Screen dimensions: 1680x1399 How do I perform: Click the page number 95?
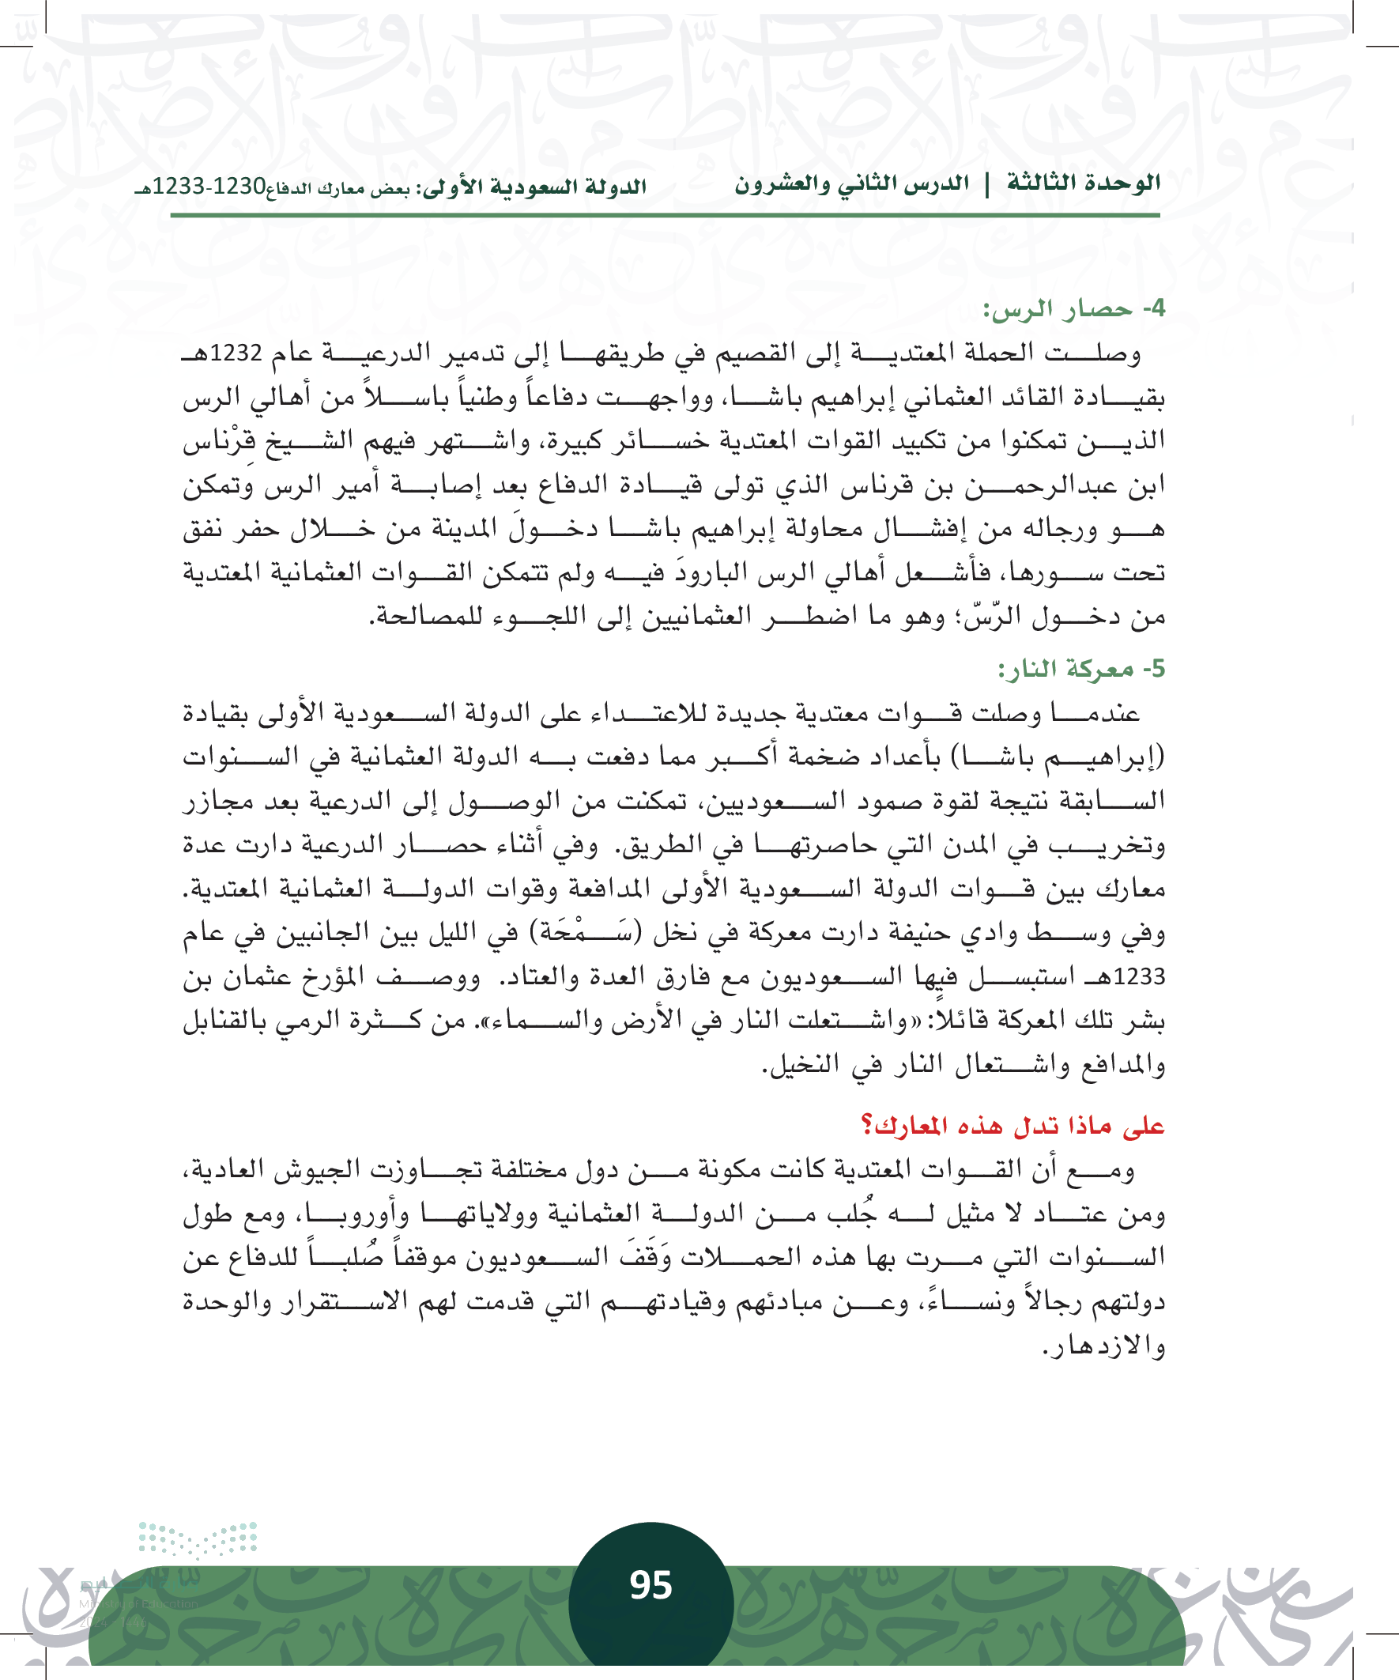[650, 1585]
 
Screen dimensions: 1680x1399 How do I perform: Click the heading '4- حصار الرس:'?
[1073, 310]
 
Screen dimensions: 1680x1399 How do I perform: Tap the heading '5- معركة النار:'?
[1080, 669]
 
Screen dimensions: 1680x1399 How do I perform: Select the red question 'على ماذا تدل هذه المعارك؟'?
[1012, 1127]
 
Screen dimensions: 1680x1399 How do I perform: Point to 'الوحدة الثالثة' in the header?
[1083, 183]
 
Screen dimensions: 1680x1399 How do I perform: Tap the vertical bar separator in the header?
[987, 185]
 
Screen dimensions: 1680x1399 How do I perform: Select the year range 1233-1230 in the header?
[209, 187]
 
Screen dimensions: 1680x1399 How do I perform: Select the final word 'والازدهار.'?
[1105, 1347]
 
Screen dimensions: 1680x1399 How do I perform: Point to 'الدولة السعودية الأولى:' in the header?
[534, 187]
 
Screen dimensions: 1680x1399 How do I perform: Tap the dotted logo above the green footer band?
[198, 1538]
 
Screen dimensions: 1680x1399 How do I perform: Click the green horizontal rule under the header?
[664, 214]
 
